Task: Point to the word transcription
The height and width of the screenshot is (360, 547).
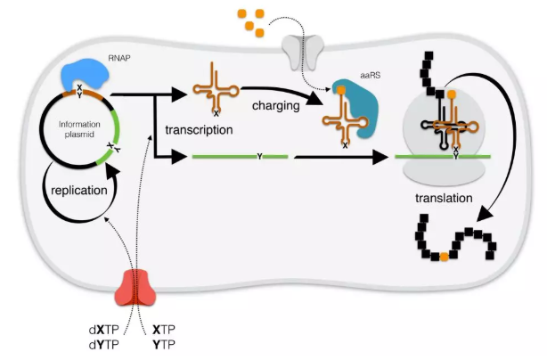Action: pyautogui.click(x=199, y=129)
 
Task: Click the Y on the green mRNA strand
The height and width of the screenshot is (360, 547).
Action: pyautogui.click(x=259, y=157)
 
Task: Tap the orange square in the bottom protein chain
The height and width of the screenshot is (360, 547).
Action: pyautogui.click(x=443, y=258)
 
